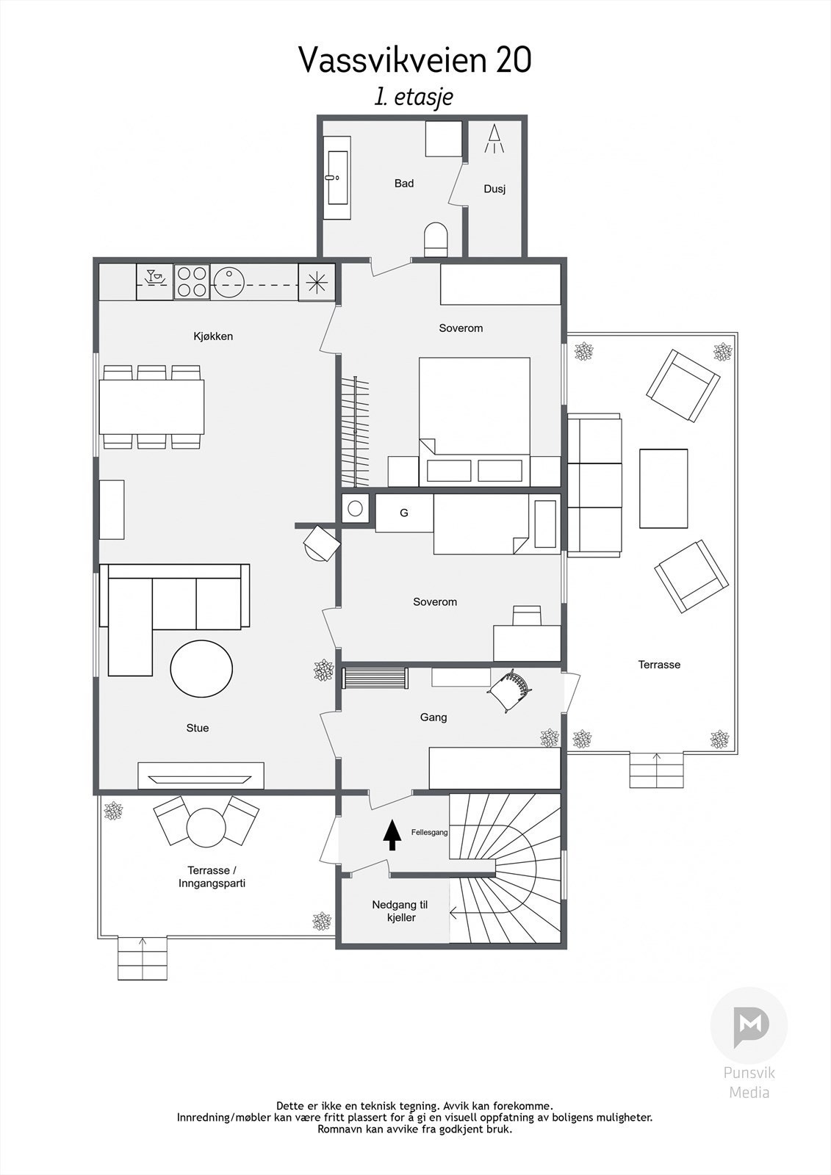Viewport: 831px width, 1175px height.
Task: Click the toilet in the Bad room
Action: [436, 239]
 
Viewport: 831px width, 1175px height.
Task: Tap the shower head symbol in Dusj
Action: [494, 139]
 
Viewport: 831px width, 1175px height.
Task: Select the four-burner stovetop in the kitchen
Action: [191, 282]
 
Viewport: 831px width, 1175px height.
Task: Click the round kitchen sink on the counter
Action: [231, 282]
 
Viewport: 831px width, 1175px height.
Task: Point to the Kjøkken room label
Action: [213, 336]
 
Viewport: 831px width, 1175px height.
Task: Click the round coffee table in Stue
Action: [201, 669]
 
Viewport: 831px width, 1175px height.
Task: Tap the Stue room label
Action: [197, 728]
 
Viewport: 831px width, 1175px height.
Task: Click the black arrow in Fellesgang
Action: [392, 835]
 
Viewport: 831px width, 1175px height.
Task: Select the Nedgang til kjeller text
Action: [400, 911]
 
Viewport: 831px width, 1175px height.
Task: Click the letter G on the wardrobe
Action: [403, 513]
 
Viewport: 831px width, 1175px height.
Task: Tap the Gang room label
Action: [434, 717]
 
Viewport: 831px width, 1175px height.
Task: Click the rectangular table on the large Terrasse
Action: [663, 488]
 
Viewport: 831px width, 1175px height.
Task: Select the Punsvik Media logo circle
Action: [749, 1026]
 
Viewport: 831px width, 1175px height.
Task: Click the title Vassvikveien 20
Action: [415, 60]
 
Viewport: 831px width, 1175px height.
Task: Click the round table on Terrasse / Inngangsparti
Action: [206, 828]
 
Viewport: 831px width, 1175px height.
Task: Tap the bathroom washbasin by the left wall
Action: [339, 177]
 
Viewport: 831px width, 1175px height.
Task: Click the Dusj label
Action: [494, 189]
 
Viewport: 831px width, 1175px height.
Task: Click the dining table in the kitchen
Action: [152, 407]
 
